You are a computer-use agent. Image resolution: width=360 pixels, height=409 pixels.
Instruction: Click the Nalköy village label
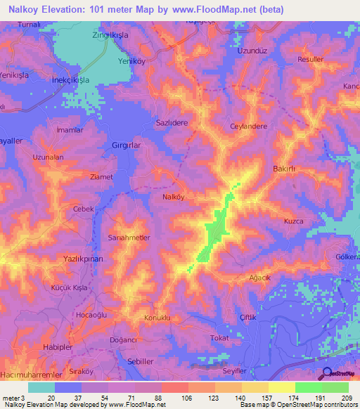coord(154,197)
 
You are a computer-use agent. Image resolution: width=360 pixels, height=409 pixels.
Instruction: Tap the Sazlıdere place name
coord(172,122)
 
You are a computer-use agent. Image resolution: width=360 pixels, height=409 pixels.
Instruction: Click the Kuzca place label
coord(293,221)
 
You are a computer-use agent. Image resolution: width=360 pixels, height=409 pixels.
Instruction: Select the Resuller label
coord(310,60)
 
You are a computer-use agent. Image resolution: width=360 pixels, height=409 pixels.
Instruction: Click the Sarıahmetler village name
coord(129,238)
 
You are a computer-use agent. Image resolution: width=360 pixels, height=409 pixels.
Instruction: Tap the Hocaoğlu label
coord(91,316)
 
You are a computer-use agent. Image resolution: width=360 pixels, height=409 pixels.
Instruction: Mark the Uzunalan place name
coord(49,157)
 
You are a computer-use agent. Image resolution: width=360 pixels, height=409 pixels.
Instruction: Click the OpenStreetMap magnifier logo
coord(327,374)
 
